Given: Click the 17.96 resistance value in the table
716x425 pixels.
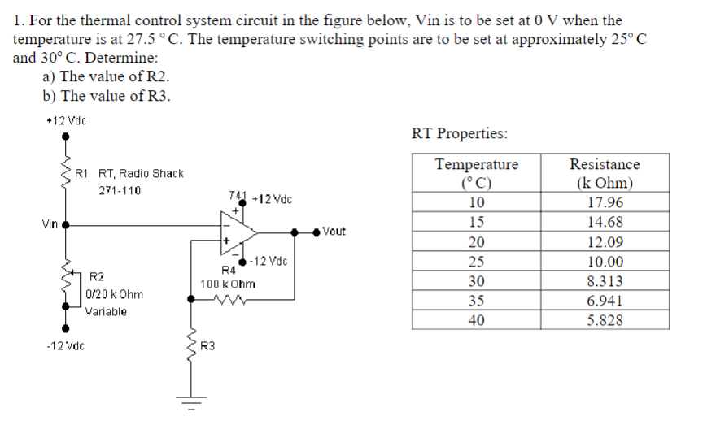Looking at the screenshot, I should point(605,203).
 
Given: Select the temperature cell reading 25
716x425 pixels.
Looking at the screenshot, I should point(477,262).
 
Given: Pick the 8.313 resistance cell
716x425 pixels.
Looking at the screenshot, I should point(605,281).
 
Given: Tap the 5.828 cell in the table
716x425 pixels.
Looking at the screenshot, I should point(605,320).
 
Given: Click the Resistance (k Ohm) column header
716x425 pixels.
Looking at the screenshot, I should point(605,174).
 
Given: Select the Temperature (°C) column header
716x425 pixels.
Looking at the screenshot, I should point(477,174).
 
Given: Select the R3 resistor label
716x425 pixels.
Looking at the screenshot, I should point(207,347).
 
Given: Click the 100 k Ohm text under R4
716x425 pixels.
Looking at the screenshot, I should point(228,284).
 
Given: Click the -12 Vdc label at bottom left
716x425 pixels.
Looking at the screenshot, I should point(66,347).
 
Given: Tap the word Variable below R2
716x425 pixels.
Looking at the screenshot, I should point(107,312).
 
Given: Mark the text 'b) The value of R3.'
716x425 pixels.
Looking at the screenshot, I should point(107,96).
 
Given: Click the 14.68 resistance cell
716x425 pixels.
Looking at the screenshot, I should point(605,223).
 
